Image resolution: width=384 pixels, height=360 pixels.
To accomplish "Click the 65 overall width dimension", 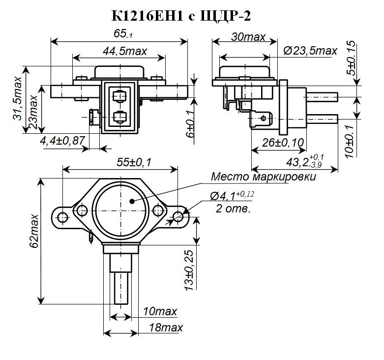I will point(120,35).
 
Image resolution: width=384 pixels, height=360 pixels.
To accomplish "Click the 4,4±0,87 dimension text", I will point(63,141).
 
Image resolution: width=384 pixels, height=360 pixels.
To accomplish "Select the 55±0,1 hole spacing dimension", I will point(121,163).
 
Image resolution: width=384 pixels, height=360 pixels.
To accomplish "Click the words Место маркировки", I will point(263,177).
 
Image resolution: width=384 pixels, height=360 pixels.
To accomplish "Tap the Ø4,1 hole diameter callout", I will point(232,196).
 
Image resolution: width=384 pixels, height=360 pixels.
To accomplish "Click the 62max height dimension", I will point(33,237).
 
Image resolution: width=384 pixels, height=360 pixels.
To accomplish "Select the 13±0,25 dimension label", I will point(189,271).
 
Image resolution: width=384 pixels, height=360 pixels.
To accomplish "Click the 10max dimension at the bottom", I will point(159,312).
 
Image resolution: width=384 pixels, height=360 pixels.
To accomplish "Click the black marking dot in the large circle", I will point(131,201).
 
